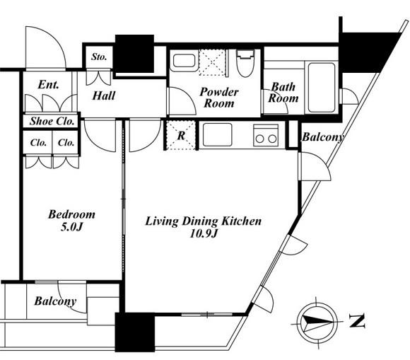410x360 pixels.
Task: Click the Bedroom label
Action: point(71,214)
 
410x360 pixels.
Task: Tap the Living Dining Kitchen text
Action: point(203,221)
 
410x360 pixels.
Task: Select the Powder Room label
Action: point(219,98)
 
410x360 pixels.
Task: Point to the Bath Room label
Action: point(283,93)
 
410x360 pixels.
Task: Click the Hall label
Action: point(104,95)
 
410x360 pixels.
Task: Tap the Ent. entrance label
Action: point(48,84)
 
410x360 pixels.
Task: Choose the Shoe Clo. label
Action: point(52,121)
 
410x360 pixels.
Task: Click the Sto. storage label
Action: point(99,57)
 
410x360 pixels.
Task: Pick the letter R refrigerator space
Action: point(181,136)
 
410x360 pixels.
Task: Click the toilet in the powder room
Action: point(245,64)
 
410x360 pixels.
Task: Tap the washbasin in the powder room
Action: point(184,61)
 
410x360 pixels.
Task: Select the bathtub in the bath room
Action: point(322,88)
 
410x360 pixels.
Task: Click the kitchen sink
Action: point(217,134)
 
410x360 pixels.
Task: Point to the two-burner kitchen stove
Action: point(265,135)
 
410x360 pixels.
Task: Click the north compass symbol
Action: point(317,323)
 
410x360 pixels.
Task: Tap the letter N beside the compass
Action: point(357,322)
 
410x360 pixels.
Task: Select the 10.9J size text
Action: point(203,233)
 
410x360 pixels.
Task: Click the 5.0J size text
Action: point(71,226)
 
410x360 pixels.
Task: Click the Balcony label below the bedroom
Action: point(55,301)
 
